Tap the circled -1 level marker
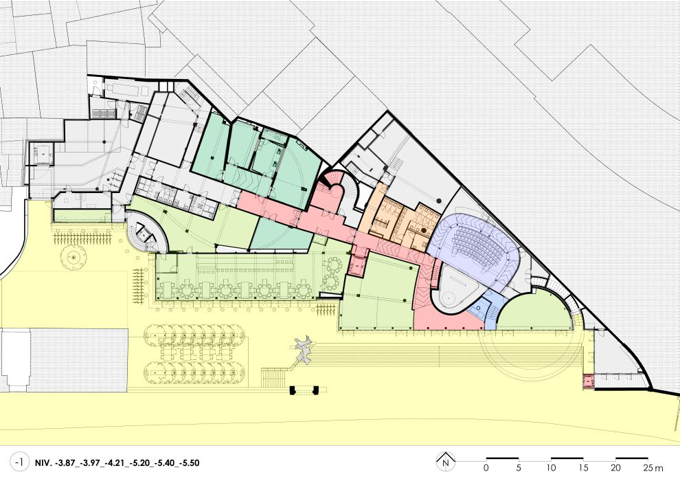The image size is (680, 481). click(20, 462)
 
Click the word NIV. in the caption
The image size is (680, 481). click(43, 462)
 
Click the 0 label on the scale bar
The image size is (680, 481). click(486, 468)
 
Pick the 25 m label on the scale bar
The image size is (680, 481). click(653, 468)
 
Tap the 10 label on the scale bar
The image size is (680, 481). click(551, 468)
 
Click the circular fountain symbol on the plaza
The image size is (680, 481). click(73, 258)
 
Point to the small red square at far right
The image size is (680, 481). click(589, 381)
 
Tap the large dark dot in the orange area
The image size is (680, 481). click(424, 230)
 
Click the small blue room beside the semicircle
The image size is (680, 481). click(483, 309)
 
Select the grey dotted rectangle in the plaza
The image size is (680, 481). click(79, 360)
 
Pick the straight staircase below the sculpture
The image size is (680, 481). click(273, 377)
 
